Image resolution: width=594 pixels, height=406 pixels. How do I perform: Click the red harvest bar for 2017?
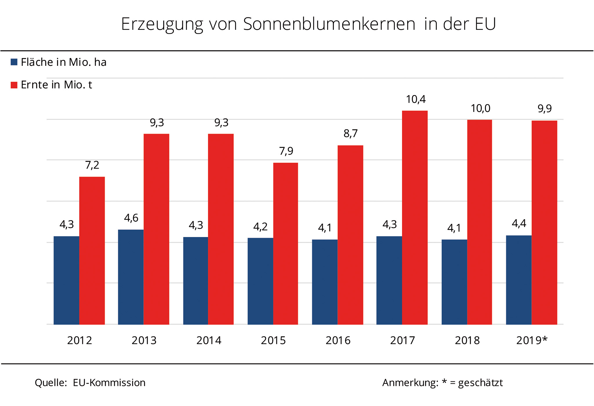pyautogui.click(x=415, y=217)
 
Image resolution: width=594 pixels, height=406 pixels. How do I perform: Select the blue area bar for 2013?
pyautogui.click(x=131, y=277)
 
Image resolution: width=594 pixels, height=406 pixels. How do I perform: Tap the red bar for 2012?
pyautogui.click(x=92, y=251)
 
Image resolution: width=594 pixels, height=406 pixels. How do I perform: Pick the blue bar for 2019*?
pyautogui.click(x=519, y=280)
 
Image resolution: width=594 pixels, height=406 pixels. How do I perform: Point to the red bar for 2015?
pyautogui.click(x=286, y=244)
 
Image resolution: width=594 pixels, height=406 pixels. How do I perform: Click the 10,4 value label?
pyautogui.click(x=416, y=99)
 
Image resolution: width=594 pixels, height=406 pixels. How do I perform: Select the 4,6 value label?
pyautogui.click(x=131, y=218)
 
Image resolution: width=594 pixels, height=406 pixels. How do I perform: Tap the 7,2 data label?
pyautogui.click(x=92, y=165)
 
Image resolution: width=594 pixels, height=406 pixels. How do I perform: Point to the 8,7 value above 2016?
pyautogui.click(x=350, y=134)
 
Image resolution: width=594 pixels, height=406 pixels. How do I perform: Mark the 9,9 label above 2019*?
pyautogui.click(x=544, y=109)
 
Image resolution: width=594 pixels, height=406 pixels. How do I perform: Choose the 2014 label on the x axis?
pyautogui.click(x=209, y=340)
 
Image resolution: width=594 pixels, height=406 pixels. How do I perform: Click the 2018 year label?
pyautogui.click(x=467, y=340)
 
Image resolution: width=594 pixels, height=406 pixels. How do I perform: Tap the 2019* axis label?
pyautogui.click(x=532, y=340)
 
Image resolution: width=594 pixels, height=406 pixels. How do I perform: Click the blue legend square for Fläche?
pyautogui.click(x=14, y=62)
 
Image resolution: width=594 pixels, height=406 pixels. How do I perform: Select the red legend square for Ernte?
pyautogui.click(x=14, y=85)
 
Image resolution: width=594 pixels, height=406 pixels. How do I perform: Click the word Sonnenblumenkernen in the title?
pyautogui.click(x=329, y=24)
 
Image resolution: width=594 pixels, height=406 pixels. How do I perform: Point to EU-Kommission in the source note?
pyautogui.click(x=109, y=383)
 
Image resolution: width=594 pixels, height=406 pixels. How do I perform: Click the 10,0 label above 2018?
pyautogui.click(x=480, y=108)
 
